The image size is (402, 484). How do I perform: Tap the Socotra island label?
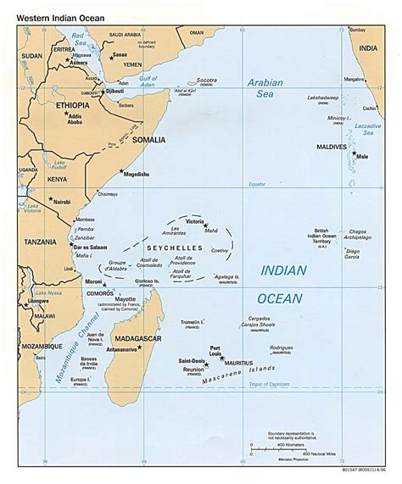(207, 81)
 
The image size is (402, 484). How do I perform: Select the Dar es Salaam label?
(54, 246)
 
